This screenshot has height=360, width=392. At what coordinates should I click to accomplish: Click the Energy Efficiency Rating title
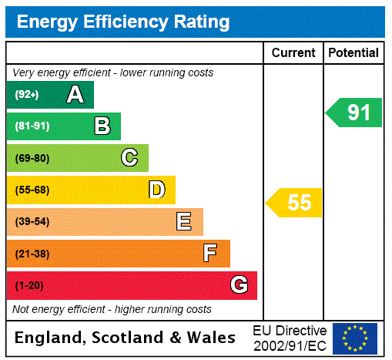[x=123, y=22]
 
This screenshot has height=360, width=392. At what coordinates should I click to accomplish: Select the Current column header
[x=293, y=53]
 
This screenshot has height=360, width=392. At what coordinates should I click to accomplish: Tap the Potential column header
[x=353, y=53]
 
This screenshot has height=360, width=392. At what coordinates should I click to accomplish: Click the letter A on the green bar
[x=75, y=95]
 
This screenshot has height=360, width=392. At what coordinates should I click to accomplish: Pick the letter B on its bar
[x=102, y=126]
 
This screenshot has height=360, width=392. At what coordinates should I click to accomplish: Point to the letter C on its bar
[x=129, y=158]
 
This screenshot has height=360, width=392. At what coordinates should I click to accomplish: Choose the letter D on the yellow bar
[x=156, y=190]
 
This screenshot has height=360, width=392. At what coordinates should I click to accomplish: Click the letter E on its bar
[x=184, y=222]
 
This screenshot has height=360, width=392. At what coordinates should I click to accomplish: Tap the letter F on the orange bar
[x=210, y=254]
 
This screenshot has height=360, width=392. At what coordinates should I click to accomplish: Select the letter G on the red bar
[x=239, y=285]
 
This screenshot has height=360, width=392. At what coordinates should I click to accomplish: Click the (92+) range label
[x=26, y=95]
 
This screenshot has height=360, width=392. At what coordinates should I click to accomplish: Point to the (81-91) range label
[x=32, y=126]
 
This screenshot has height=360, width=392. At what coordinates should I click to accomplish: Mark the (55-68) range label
[x=32, y=190]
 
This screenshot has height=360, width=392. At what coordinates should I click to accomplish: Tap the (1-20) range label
[x=29, y=285]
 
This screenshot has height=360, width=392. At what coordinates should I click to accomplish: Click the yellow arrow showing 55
[x=295, y=203]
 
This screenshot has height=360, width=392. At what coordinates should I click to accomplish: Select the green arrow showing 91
[x=355, y=113]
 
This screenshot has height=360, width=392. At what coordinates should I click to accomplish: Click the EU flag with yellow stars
[x=355, y=338]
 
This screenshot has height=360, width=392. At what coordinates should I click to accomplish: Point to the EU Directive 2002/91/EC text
[x=290, y=338]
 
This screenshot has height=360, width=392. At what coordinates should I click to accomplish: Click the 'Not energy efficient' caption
[x=112, y=309]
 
